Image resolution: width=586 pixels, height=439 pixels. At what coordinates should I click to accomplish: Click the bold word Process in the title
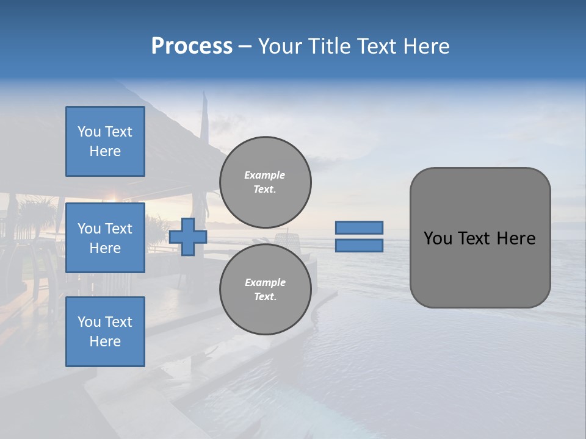[x=192, y=46]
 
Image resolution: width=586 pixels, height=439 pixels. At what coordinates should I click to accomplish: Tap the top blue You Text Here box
[x=105, y=141]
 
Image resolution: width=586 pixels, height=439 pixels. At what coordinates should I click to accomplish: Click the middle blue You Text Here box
[x=105, y=238]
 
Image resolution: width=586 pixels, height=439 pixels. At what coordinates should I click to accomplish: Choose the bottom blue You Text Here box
[x=105, y=332]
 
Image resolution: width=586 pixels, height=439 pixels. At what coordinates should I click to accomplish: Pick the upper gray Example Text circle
[x=265, y=182]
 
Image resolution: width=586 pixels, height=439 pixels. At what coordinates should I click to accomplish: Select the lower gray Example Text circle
[x=265, y=290]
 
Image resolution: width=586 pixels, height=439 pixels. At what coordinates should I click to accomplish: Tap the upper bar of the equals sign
[x=359, y=227]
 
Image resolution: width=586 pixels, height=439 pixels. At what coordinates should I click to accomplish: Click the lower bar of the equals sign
[x=359, y=246]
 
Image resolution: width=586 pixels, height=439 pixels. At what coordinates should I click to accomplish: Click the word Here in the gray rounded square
[x=516, y=238]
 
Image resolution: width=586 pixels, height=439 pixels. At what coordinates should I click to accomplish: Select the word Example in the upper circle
[x=265, y=175]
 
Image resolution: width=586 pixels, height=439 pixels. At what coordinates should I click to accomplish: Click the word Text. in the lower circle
[x=265, y=297]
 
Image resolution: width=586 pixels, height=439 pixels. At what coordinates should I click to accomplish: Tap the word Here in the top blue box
[x=105, y=151]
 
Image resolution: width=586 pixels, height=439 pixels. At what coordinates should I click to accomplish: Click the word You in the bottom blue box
[x=89, y=322]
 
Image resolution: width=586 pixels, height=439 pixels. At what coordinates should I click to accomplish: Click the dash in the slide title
[x=245, y=47]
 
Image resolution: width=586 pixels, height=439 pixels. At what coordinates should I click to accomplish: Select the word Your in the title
[x=280, y=46]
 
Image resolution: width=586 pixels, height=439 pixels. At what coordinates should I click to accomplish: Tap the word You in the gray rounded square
[x=437, y=238]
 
